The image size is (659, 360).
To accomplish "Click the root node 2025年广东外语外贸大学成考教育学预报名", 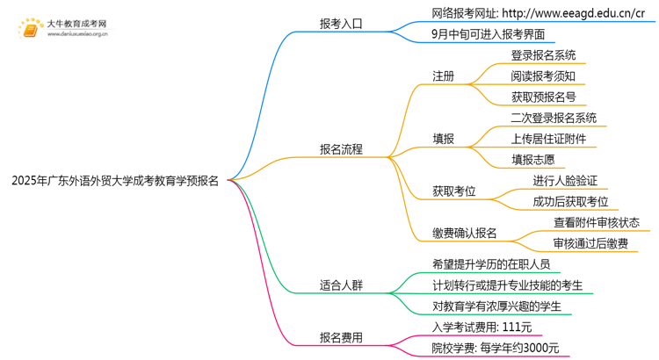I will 115,182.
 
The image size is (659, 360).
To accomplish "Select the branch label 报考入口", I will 341,25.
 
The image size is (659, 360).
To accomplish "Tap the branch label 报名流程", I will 341,150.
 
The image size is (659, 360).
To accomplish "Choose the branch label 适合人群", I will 341,285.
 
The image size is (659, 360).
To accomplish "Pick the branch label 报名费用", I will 341,337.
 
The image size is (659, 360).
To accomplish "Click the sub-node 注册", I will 443,76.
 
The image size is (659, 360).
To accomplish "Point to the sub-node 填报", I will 443,139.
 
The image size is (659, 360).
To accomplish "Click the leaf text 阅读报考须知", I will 543,76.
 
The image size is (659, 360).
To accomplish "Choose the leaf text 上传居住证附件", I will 548,139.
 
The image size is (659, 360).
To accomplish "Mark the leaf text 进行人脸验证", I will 565,181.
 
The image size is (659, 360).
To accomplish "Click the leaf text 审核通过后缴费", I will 590,243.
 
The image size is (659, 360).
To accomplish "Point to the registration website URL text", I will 539,13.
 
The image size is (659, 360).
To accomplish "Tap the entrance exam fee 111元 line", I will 482,327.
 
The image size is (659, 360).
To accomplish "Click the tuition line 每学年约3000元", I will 496,348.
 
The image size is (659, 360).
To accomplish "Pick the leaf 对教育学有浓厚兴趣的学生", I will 496,306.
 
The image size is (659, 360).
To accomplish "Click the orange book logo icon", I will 30,30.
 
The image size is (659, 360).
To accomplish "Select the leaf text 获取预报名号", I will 543,97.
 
